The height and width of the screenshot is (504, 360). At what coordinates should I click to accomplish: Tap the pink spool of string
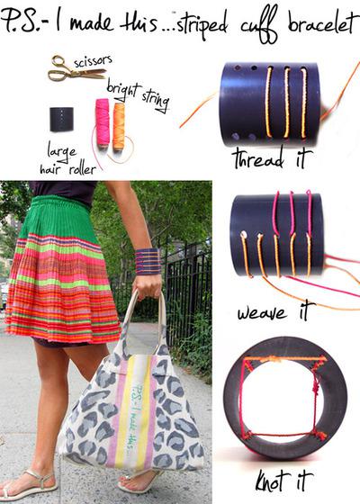pos(102,121)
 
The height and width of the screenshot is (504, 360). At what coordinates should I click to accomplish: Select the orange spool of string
pos(119,125)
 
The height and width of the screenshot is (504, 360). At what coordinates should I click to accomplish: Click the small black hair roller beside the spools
pos(62,119)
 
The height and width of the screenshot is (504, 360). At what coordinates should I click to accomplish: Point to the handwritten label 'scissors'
pos(94,59)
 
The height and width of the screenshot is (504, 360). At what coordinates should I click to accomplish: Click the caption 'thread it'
pos(272,159)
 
